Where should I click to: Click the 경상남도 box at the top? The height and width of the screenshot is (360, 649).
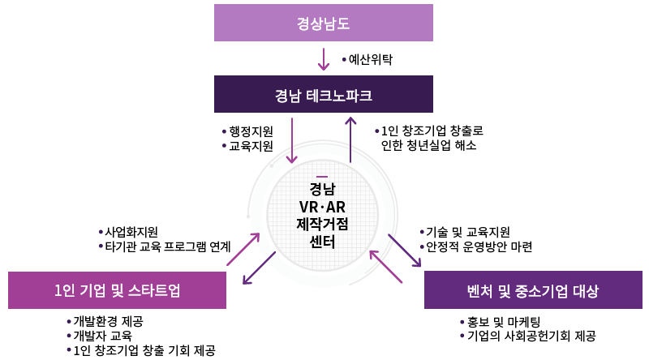click(x=323, y=23)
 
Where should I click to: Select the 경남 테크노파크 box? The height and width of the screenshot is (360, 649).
click(x=323, y=95)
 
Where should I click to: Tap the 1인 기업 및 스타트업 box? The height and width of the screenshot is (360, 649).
click(x=118, y=290)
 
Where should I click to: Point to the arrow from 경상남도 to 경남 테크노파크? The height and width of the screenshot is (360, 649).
click(x=324, y=59)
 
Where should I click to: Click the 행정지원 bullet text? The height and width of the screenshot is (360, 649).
click(x=250, y=131)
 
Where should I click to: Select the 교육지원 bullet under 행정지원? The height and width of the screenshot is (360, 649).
click(x=250, y=146)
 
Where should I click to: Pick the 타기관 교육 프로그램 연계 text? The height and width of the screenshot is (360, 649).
click(x=168, y=246)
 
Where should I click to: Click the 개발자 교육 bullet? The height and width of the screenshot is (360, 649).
click(x=101, y=336)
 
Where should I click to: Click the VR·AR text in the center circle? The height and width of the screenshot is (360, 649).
click(x=322, y=208)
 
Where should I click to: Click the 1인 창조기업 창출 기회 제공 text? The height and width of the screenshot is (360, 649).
click(x=143, y=350)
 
